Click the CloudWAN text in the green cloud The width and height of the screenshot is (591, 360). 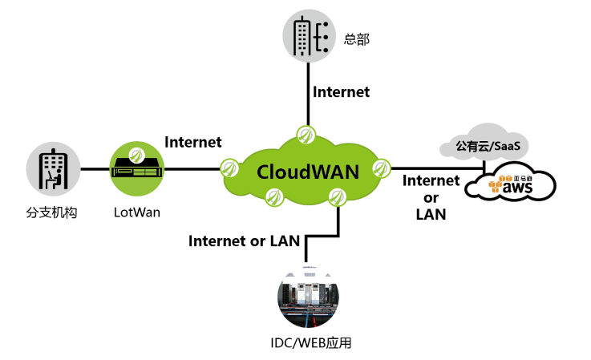tap(308, 171)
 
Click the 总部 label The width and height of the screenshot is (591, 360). tap(356, 38)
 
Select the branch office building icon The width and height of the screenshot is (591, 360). tap(53, 170)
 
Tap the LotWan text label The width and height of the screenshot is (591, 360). tap(136, 213)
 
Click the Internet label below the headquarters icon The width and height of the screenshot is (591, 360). tap(342, 92)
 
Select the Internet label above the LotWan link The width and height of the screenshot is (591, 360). tap(192, 143)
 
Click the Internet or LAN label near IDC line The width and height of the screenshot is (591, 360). tap(244, 240)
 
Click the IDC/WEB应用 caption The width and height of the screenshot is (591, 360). tap(312, 343)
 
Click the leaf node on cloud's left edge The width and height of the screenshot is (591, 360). tap(230, 168)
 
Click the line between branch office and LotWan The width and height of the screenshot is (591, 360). tap(94, 169)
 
